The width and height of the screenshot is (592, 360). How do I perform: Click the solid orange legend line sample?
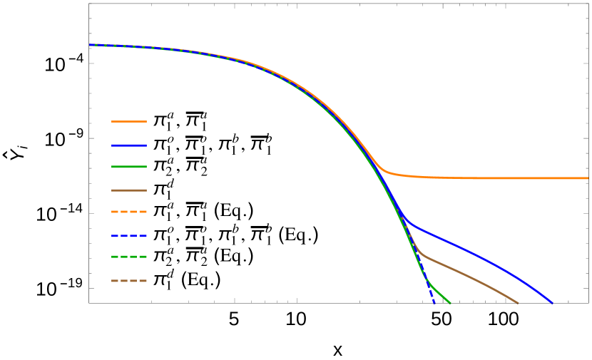129,121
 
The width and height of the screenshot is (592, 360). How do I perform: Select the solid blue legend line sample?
129,145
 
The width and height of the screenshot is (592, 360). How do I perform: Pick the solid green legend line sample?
129,167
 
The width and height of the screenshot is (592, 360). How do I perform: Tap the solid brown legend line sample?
129,190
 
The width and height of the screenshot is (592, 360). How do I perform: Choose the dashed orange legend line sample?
129,212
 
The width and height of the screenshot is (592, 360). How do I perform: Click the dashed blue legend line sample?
129,236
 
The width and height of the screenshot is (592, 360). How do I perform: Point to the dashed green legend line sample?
129,257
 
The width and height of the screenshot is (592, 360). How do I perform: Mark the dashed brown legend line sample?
129,281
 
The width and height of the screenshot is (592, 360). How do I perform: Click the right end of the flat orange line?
587,178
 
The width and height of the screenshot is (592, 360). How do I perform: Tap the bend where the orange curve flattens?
386,171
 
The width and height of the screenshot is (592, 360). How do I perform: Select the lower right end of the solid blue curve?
551,303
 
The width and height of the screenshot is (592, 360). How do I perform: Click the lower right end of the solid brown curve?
517,303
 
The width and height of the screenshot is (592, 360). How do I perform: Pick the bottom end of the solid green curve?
449,303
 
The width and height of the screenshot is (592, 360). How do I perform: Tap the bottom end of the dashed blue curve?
434,304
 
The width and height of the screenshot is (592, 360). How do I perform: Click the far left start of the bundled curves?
90,45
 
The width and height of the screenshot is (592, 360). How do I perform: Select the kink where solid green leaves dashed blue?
429,284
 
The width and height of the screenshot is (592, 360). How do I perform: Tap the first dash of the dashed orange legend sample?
114,212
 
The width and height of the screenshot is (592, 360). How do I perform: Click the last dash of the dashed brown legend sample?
143,281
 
